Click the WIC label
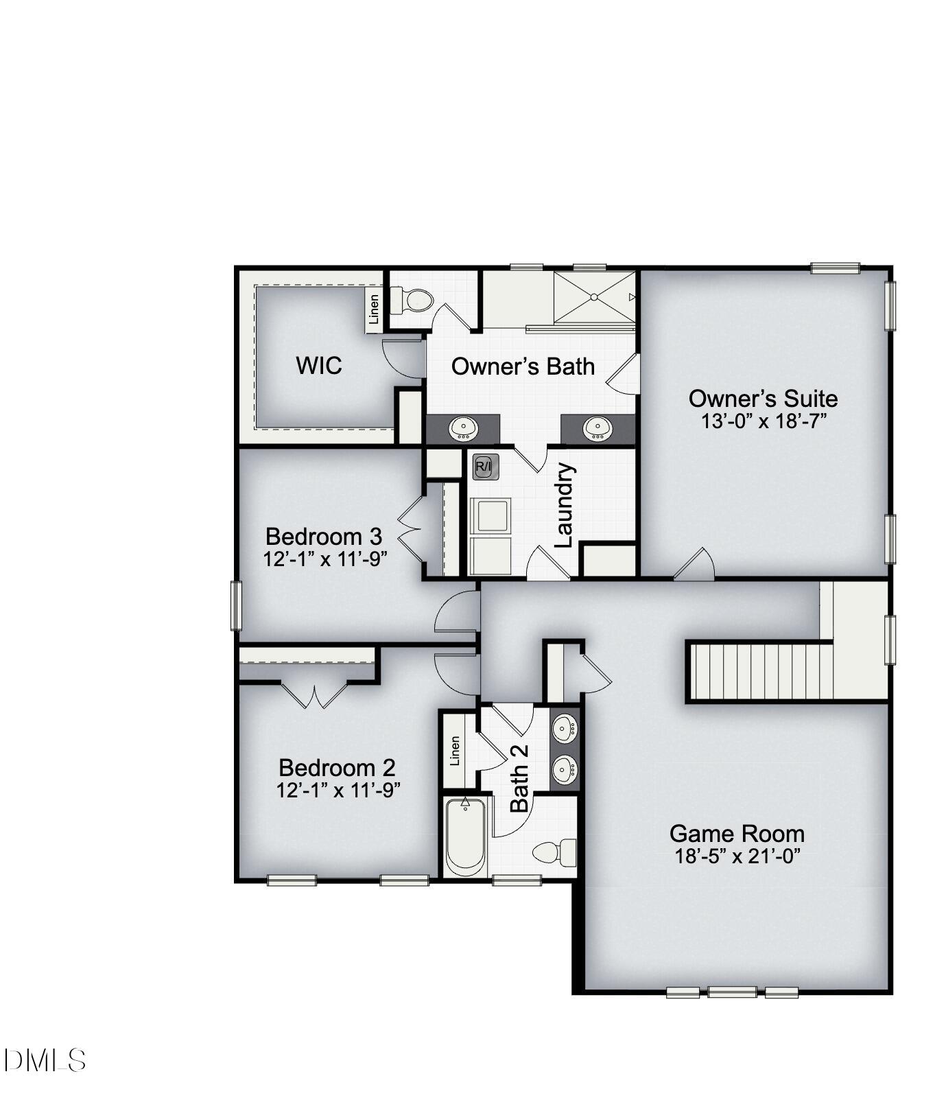318,365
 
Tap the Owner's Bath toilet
413,301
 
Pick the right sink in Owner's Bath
597,430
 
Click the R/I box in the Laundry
484,467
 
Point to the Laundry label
563,505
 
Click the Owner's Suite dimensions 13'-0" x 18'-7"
763,421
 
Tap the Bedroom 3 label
324,536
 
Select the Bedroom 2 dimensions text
338,791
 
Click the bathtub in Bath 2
466,838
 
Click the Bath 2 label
519,778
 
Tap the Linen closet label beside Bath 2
455,751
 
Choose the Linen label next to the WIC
374,309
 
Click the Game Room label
737,834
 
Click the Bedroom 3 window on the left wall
236,605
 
